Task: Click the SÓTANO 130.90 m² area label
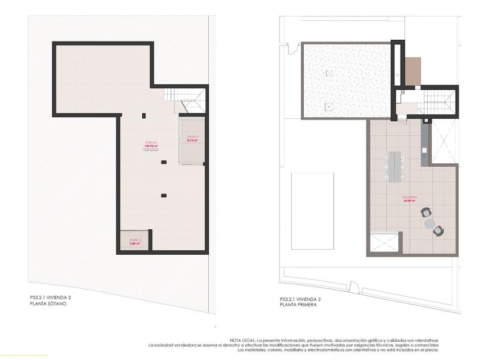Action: tap(151, 146)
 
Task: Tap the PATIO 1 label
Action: tap(192, 138)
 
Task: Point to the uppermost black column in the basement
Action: tap(144, 116)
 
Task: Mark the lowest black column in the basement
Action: tap(164, 196)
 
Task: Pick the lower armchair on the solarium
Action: tap(438, 230)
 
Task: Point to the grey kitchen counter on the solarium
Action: tap(424, 144)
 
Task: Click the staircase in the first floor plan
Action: tap(436, 103)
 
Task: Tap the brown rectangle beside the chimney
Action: tap(412, 71)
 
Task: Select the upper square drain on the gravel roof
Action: tap(328, 73)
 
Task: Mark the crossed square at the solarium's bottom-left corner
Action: tap(385, 243)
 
